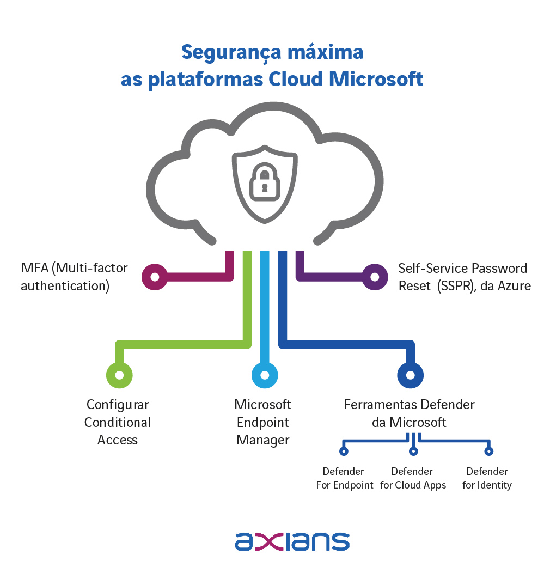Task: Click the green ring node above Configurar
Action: pyautogui.click(x=119, y=375)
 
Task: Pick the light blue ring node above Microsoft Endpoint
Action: pyautogui.click(x=265, y=375)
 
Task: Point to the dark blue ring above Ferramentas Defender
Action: pyautogui.click(x=411, y=375)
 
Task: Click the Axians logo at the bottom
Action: pyautogui.click(x=292, y=541)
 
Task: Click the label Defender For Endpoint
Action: pyautogui.click(x=344, y=478)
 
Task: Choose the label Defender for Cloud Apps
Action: pyautogui.click(x=413, y=478)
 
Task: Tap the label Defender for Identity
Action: pyautogui.click(x=487, y=478)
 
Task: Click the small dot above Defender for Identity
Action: pyautogui.click(x=488, y=451)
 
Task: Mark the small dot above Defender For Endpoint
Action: pyautogui.click(x=343, y=451)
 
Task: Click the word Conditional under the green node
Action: pyautogui.click(x=118, y=422)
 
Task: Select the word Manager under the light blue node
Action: pyautogui.click(x=262, y=440)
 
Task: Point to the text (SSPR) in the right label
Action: pyautogui.click(x=454, y=285)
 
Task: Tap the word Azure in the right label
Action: pyautogui.click(x=514, y=285)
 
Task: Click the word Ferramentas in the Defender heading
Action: pyautogui.click(x=375, y=405)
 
